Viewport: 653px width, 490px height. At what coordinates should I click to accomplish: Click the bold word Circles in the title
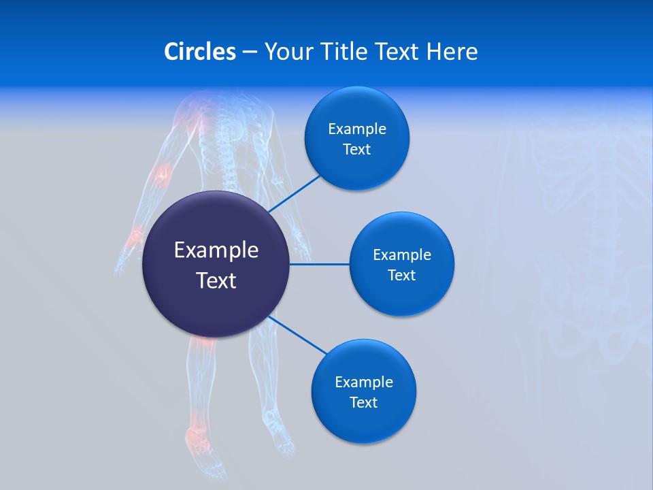[199, 52]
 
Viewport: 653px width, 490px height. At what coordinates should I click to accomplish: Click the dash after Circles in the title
[250, 52]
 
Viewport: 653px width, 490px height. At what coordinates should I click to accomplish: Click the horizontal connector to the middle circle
[320, 264]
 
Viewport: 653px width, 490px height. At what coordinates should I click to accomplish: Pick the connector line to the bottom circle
[299, 336]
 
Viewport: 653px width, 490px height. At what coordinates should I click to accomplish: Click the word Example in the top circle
[357, 129]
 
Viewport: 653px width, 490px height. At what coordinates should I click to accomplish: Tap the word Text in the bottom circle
[363, 403]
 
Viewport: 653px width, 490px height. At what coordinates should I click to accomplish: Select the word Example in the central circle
[216, 250]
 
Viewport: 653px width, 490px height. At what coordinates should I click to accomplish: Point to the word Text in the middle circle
[401, 276]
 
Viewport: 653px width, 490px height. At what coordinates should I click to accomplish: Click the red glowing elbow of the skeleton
[161, 174]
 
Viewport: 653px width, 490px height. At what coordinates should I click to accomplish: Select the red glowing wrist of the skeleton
[135, 236]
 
